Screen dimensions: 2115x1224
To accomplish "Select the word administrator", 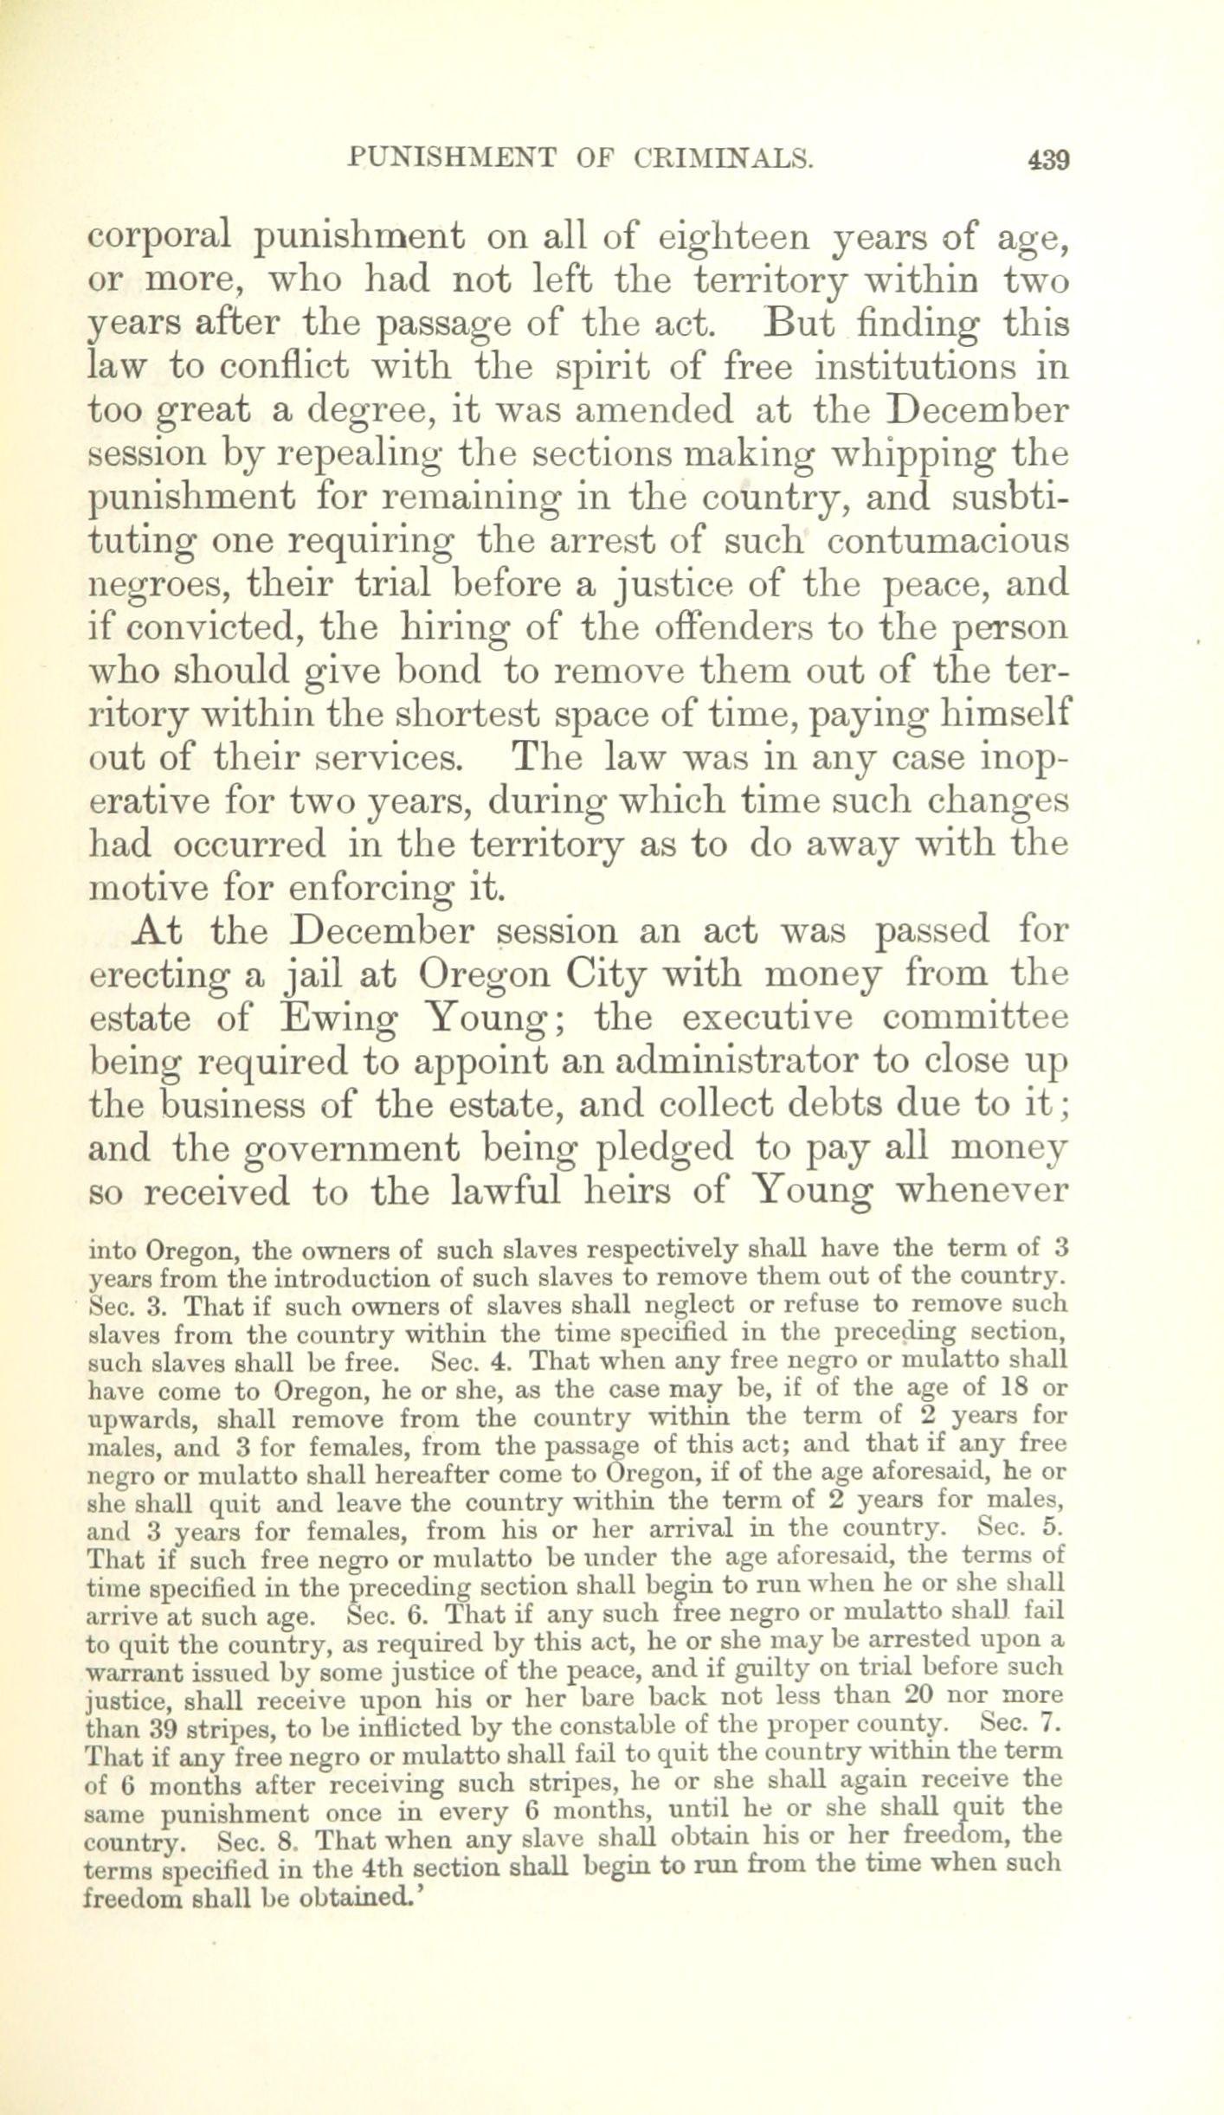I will tap(701, 1062).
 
